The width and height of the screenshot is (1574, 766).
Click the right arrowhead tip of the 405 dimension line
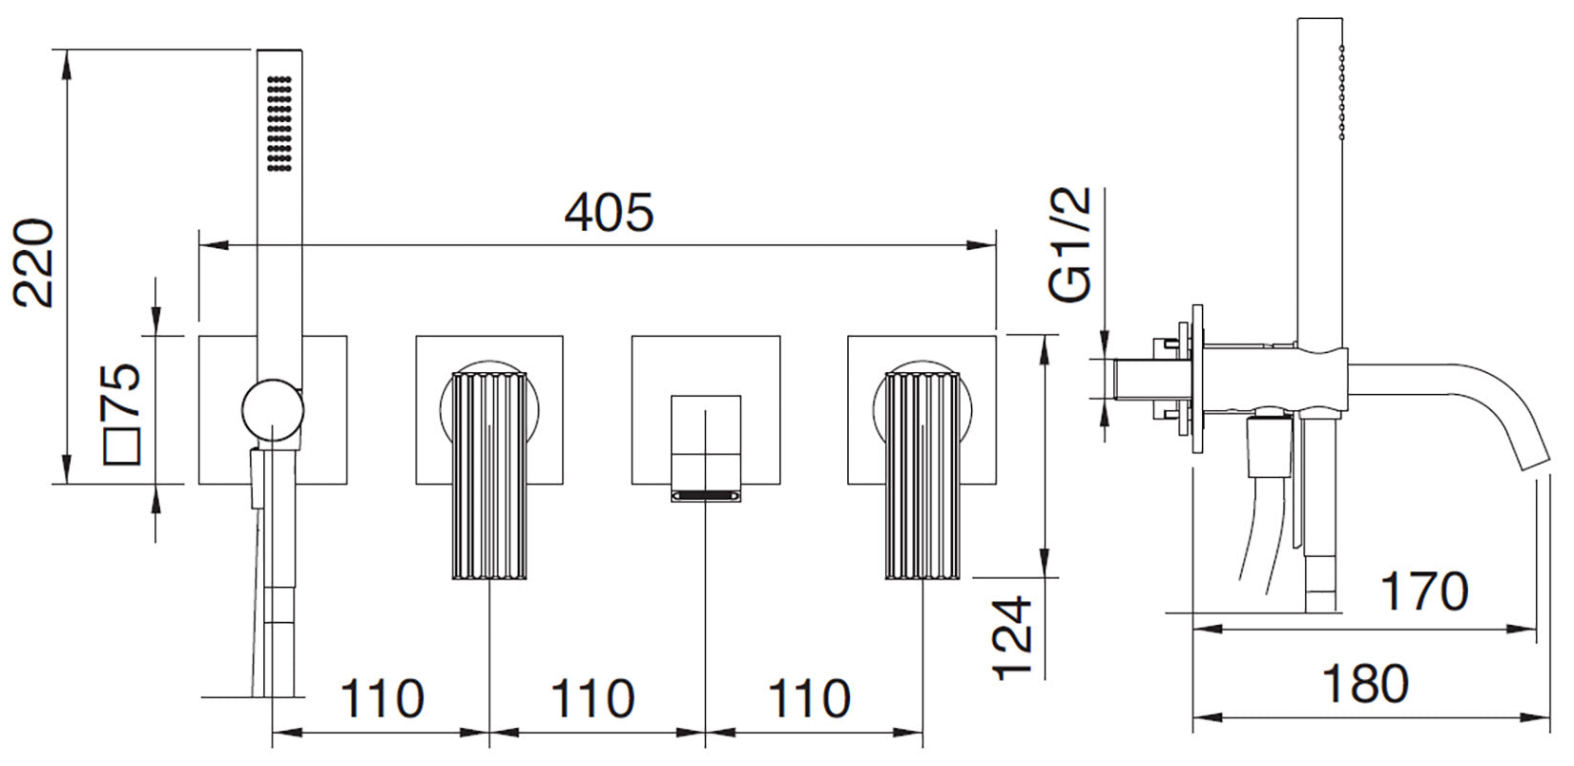(996, 245)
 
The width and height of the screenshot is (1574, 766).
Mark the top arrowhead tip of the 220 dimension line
(67, 50)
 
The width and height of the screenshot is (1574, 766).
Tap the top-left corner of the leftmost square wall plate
(198, 336)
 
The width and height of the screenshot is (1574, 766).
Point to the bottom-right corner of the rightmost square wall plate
(996, 485)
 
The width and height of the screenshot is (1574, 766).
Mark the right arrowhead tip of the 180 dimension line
(1550, 717)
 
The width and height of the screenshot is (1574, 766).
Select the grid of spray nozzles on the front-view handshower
(280, 122)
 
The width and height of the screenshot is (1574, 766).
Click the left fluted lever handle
(489, 476)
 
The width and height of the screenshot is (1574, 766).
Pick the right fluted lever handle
(922, 476)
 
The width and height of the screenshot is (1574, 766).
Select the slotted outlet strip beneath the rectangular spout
(706, 496)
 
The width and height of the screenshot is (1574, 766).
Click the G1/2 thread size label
(1069, 244)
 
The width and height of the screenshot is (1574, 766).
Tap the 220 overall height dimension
(35, 263)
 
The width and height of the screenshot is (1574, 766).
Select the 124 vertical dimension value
(1012, 639)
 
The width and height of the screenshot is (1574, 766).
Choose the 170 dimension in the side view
(1424, 591)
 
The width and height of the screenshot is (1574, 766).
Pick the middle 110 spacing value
(592, 698)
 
